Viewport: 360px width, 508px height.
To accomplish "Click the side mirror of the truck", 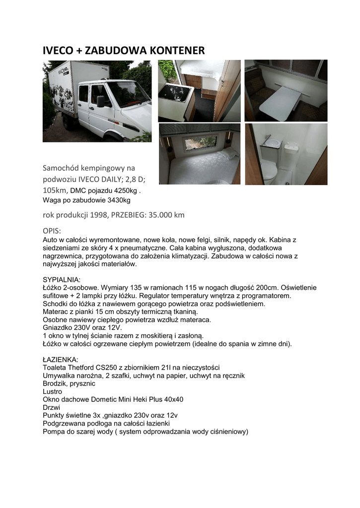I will click(x=100, y=102).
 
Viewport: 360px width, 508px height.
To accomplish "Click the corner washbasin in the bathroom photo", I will click(x=271, y=142).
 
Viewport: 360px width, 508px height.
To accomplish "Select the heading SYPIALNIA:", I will click(x=62, y=280).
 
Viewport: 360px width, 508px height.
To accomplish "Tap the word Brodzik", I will click(x=55, y=383).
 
